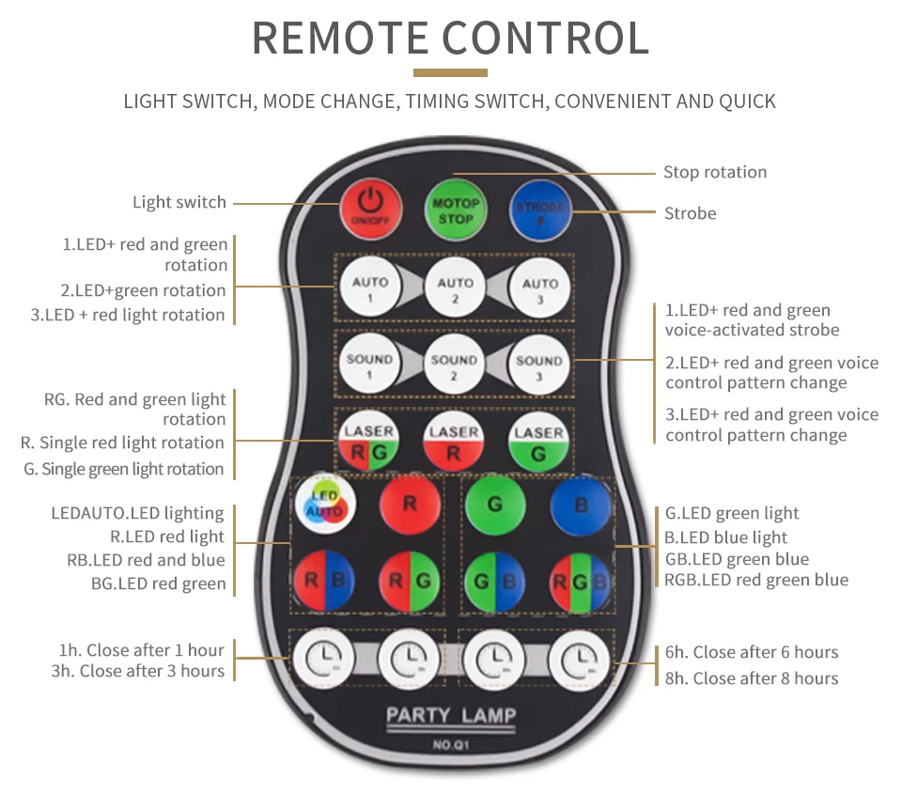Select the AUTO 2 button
(456, 286)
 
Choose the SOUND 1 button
(369, 363)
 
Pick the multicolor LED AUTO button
(325, 505)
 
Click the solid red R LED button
(410, 505)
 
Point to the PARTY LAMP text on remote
(451, 716)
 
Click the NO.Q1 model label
(451, 746)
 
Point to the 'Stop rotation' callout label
(715, 172)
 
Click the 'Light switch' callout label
(179, 202)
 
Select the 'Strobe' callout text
(691, 213)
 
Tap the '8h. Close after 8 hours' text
(752, 678)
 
